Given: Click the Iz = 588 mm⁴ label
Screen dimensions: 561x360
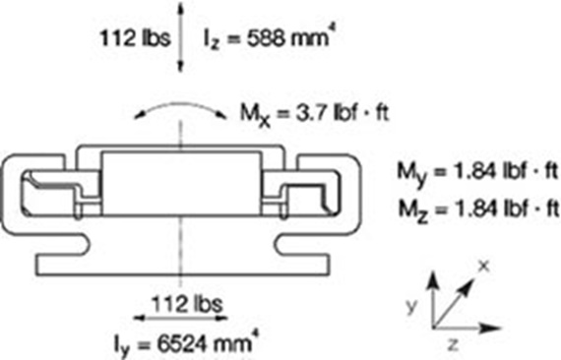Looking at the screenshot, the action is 270,38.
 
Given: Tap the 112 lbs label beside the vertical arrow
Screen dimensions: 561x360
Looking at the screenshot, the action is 135,37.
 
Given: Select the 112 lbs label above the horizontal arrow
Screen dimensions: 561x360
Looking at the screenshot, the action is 187,304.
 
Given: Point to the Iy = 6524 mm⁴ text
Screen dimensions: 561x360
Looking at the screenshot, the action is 185,343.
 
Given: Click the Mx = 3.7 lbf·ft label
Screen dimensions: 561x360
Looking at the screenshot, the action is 314,114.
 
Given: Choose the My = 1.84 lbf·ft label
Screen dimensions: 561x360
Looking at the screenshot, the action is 478,173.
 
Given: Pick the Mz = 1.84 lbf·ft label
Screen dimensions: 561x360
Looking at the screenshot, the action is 478,210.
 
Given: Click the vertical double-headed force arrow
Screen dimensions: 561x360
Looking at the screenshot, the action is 180,37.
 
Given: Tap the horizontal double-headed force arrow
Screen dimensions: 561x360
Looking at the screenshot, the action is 180,318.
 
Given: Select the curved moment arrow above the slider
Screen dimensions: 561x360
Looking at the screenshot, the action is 180,103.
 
